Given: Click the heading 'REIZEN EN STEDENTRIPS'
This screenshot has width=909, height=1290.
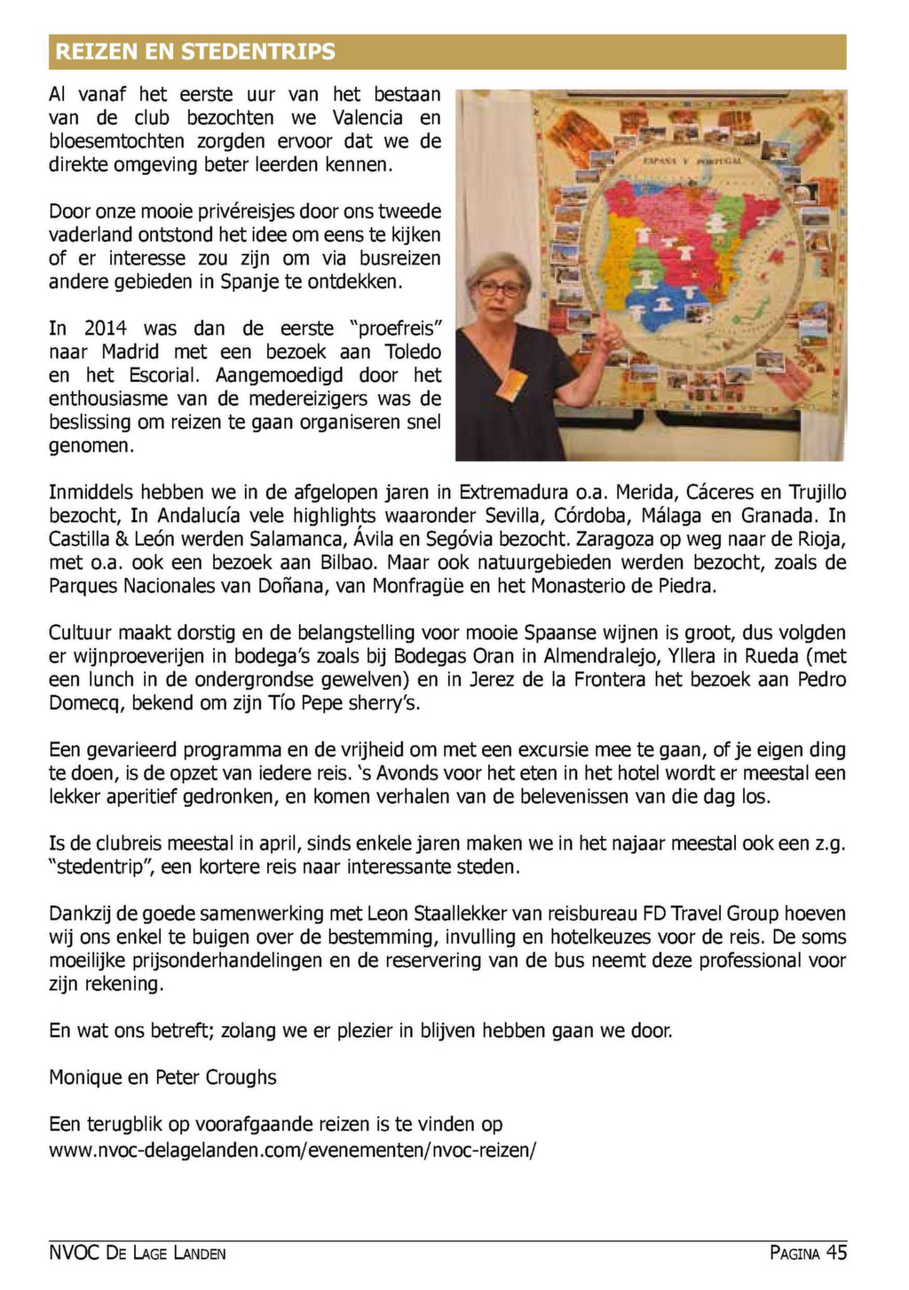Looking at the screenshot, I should pyautogui.click(x=195, y=51).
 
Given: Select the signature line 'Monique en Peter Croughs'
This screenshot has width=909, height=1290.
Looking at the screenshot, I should pyautogui.click(x=162, y=1077).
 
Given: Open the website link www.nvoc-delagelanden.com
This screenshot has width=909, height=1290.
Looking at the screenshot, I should pyautogui.click(x=292, y=1150).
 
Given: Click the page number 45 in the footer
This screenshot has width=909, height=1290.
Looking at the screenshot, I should pyautogui.click(x=836, y=1253).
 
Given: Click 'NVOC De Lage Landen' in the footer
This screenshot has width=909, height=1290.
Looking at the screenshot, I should pyautogui.click(x=138, y=1254).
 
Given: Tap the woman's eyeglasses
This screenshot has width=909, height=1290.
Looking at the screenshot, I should pyautogui.click(x=501, y=288).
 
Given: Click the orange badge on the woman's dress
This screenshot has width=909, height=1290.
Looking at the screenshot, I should pyautogui.click(x=513, y=384).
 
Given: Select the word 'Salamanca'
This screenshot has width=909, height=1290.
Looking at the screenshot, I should pyautogui.click(x=296, y=539).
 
